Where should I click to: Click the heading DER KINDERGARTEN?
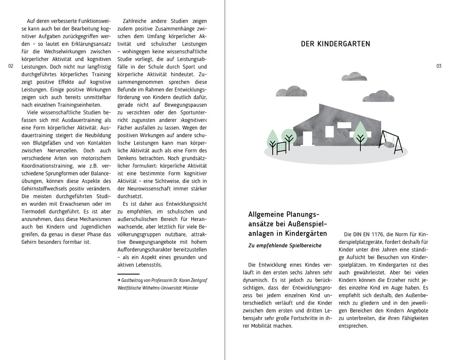point(335,44)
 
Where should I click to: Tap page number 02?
point(11,66)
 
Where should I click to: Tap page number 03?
point(438,66)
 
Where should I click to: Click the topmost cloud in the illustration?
point(354,77)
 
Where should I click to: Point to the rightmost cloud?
point(378,96)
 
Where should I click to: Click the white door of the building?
point(307,138)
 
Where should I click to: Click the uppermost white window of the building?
point(344,125)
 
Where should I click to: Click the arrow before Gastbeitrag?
point(119,280)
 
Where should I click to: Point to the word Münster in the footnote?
point(190,288)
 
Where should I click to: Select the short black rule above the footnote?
point(128,274)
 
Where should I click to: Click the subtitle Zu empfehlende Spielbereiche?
point(285,246)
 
